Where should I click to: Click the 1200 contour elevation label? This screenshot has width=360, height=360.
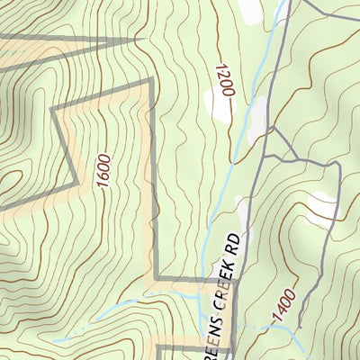click(223, 81)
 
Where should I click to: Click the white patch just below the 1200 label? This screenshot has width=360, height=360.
click(219, 105)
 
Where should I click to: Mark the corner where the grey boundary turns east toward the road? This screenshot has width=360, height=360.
click(156, 278)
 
